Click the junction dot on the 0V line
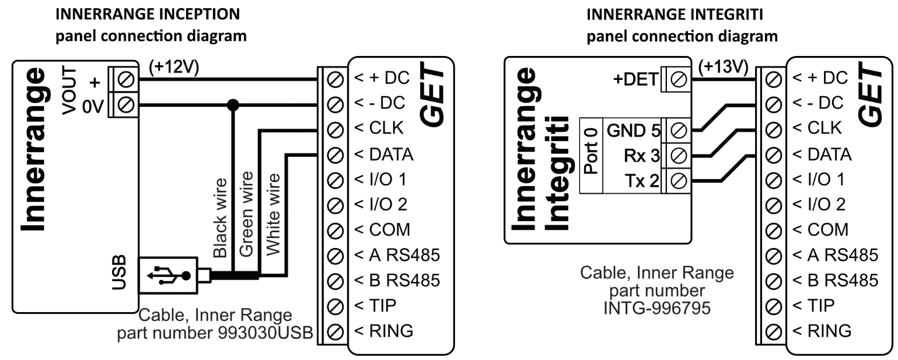tap(233, 105)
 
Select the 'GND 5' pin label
tap(634, 130)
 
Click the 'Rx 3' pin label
tap(642, 156)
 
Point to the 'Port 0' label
tap(590, 156)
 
